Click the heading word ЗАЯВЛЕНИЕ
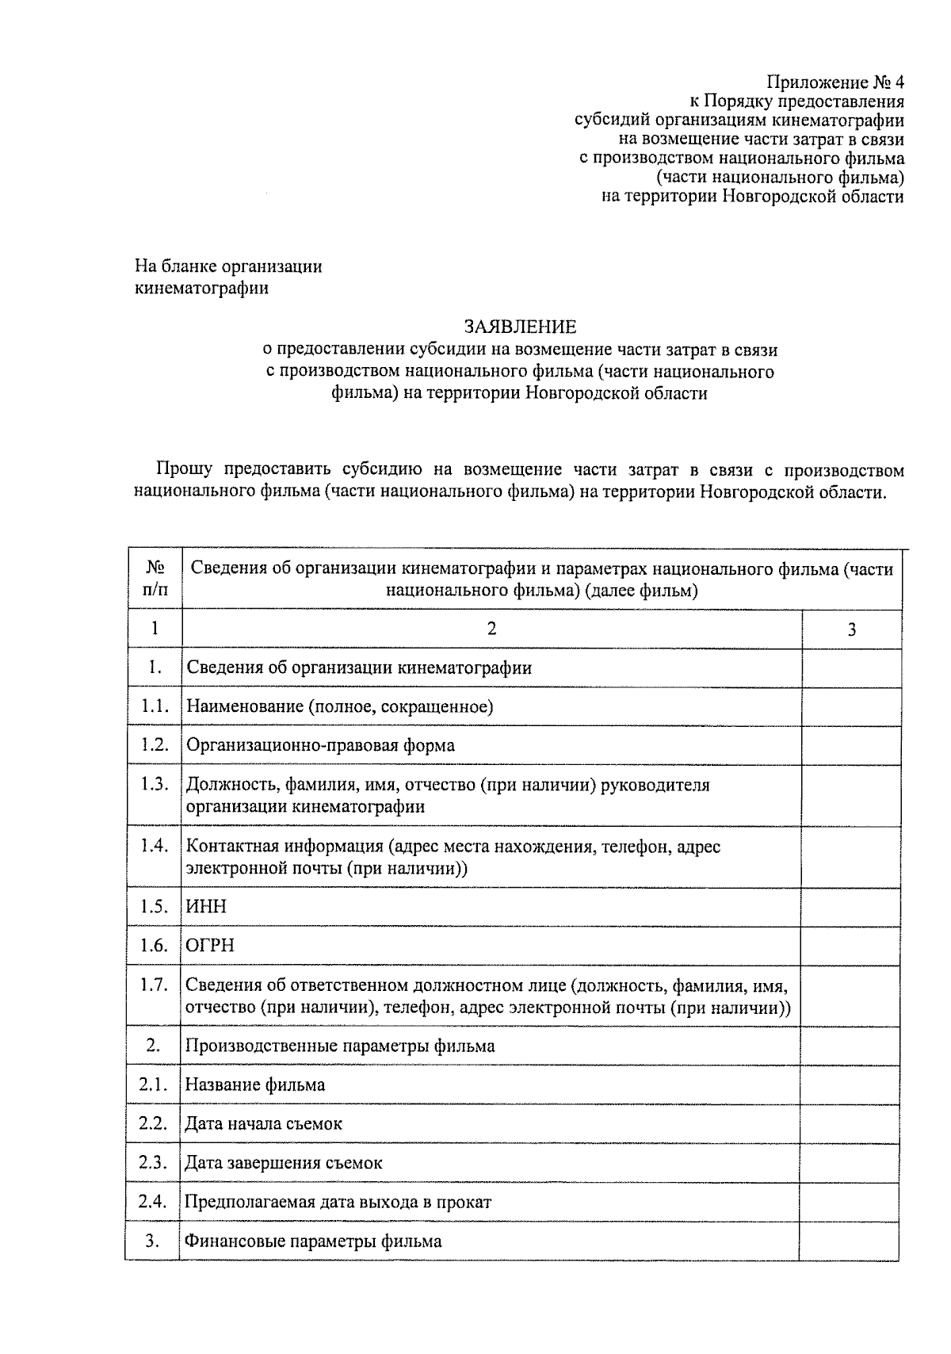tap(520, 327)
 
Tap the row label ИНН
tap(206, 906)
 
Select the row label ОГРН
tap(210, 945)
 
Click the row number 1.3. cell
tap(155, 784)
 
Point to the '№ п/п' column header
tap(155, 579)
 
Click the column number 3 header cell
tap(851, 629)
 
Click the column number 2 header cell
tap(491, 629)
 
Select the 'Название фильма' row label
tap(254, 1084)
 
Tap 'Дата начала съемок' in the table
tap(263, 1123)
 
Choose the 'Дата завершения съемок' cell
tap(283, 1163)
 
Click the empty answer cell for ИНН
tap(851, 906)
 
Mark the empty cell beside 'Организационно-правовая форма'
tap(851, 745)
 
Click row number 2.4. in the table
tap(152, 1201)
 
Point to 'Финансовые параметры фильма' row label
tap(312, 1241)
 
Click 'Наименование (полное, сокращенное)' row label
tap(339, 706)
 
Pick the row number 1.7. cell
tap(155, 985)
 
